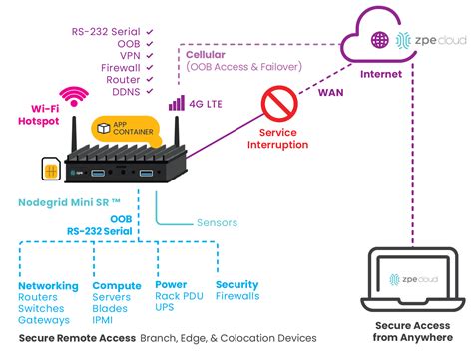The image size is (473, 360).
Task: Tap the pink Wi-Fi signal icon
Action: [71, 96]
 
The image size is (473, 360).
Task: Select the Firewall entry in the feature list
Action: [122, 69]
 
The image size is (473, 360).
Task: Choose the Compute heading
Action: [118, 284]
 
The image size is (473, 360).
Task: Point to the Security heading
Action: [237, 284]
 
